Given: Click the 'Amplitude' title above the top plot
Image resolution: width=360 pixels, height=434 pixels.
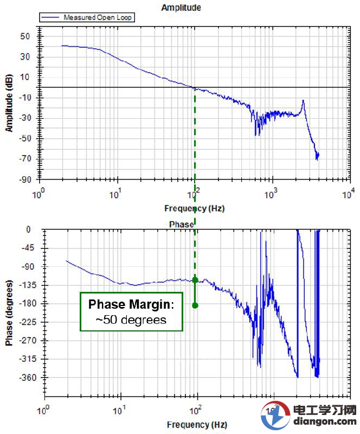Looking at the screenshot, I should pos(181,8).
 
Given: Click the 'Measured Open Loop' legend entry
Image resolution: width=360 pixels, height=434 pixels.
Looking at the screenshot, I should pos(98,17).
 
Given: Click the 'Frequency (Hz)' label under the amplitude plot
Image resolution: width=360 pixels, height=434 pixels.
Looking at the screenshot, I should pos(194,208).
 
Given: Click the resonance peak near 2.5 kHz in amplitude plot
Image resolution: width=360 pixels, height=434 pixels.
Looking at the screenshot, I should pos(303,101).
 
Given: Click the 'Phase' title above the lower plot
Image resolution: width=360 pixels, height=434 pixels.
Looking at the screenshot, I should pos(181,224).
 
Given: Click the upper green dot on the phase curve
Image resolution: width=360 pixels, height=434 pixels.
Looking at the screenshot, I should pos(195,280).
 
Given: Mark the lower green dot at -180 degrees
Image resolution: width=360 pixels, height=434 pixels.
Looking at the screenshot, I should pos(195,305).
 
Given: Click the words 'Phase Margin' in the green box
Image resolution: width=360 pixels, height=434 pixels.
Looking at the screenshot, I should pos(131,304).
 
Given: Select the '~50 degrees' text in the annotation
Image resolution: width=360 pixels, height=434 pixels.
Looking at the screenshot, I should pos(131,320).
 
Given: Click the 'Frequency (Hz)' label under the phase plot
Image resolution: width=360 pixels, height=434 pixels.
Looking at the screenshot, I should pos(197,424).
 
